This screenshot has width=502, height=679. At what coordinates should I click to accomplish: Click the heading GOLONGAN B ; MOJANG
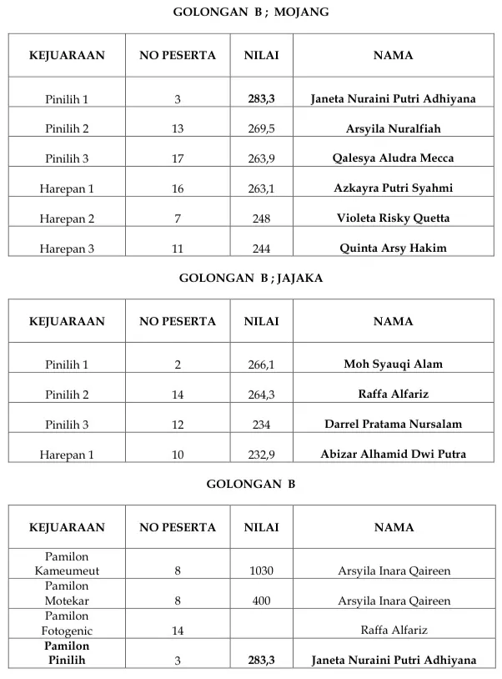(x=250, y=13)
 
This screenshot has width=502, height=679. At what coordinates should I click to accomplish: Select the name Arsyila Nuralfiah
(x=393, y=129)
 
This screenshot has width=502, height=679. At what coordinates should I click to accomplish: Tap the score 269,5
(x=261, y=129)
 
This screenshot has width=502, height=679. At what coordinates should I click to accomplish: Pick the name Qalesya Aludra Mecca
(x=393, y=158)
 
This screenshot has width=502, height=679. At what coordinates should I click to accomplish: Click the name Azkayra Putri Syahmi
(x=393, y=189)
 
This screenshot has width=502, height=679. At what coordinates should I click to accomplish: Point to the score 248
(x=261, y=219)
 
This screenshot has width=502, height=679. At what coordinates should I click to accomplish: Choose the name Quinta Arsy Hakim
(x=393, y=248)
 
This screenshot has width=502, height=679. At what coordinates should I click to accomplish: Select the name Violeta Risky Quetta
(x=393, y=219)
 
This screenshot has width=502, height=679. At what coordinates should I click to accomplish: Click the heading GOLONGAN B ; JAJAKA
(x=250, y=279)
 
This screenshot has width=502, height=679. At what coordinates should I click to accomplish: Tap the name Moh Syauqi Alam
(x=393, y=365)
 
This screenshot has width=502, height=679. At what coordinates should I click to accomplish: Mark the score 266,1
(x=261, y=365)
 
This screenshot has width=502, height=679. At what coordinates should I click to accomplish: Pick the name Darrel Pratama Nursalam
(x=393, y=425)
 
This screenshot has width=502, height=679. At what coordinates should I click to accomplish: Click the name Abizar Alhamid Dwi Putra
(x=393, y=455)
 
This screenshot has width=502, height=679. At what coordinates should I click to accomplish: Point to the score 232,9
(x=261, y=455)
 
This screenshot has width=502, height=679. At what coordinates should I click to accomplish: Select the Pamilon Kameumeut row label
(x=67, y=564)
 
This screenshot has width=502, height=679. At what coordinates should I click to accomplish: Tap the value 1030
(x=261, y=571)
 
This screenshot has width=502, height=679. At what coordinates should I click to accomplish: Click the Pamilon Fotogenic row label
(x=67, y=623)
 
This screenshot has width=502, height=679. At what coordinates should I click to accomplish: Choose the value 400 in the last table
(x=261, y=601)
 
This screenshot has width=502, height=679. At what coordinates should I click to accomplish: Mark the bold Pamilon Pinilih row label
(x=67, y=653)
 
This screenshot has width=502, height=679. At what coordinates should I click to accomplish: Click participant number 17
(x=178, y=158)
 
